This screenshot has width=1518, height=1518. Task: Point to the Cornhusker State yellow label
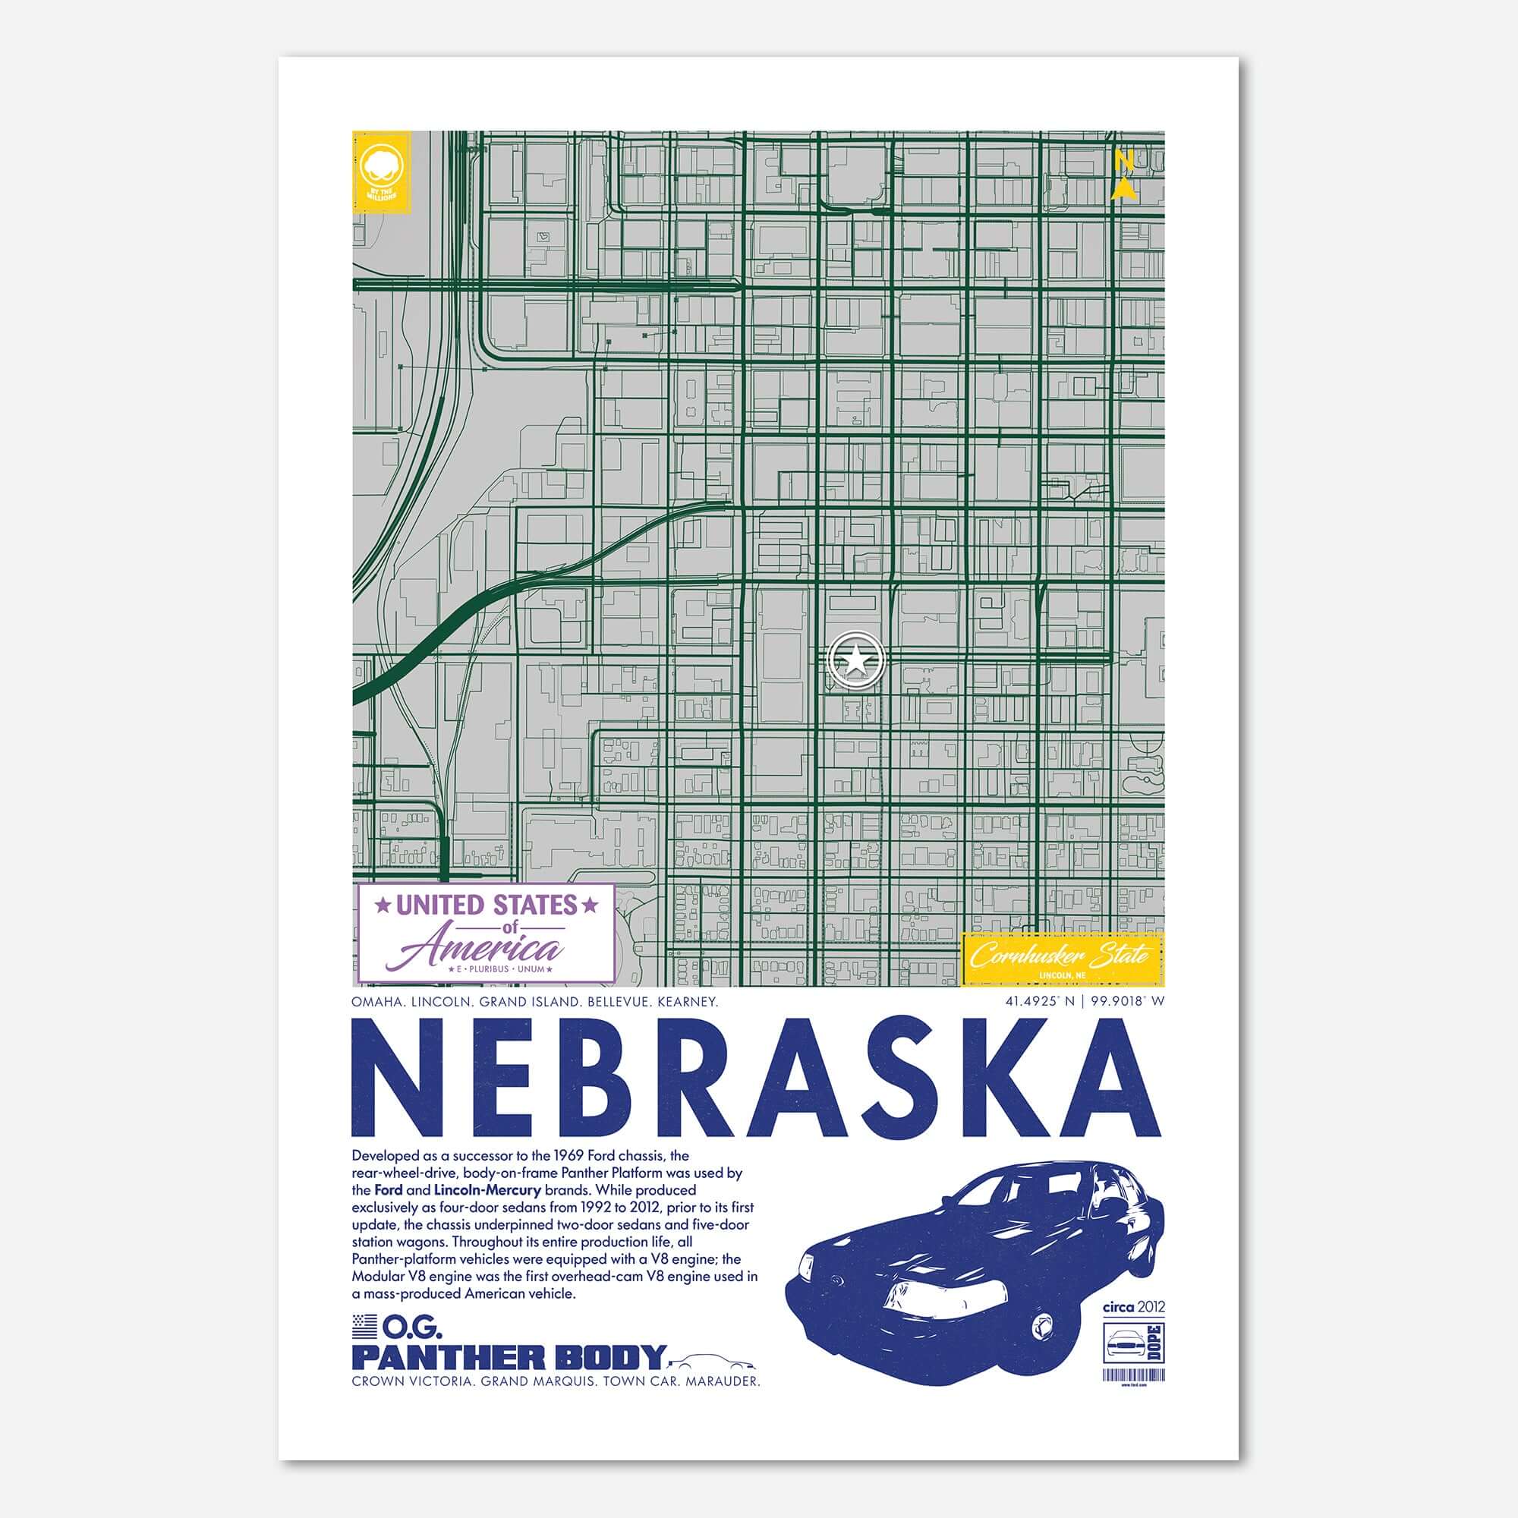click(x=1063, y=956)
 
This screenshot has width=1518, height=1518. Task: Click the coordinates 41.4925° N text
click(x=1035, y=1002)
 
